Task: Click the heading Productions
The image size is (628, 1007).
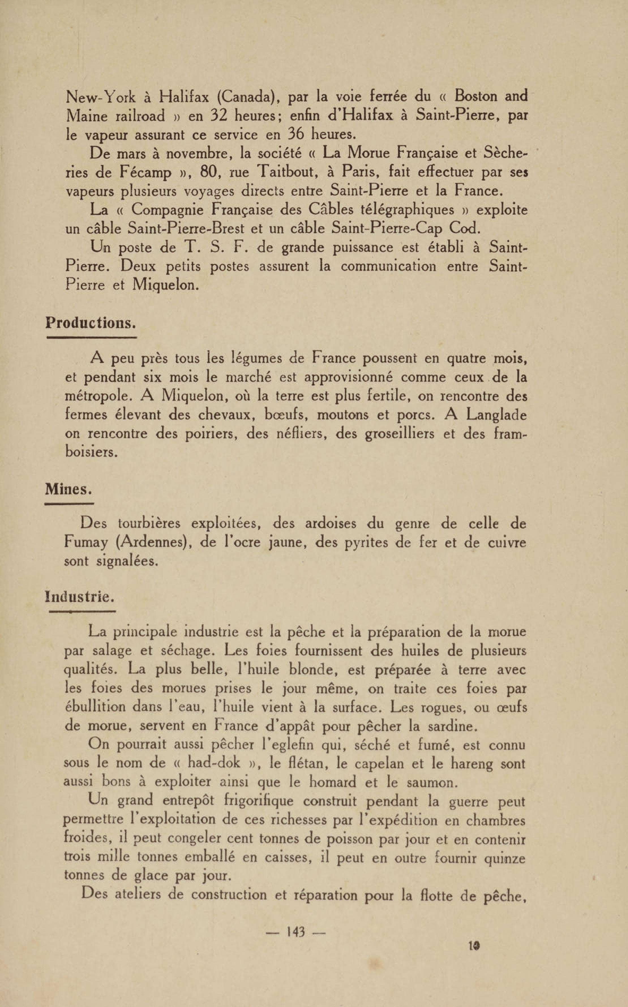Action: (91, 323)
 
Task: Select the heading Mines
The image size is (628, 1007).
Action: (68, 489)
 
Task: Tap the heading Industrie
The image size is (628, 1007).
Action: (79, 597)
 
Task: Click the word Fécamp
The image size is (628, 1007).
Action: (145, 172)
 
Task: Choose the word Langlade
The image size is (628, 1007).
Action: (496, 415)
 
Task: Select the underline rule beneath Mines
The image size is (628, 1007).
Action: (69, 504)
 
